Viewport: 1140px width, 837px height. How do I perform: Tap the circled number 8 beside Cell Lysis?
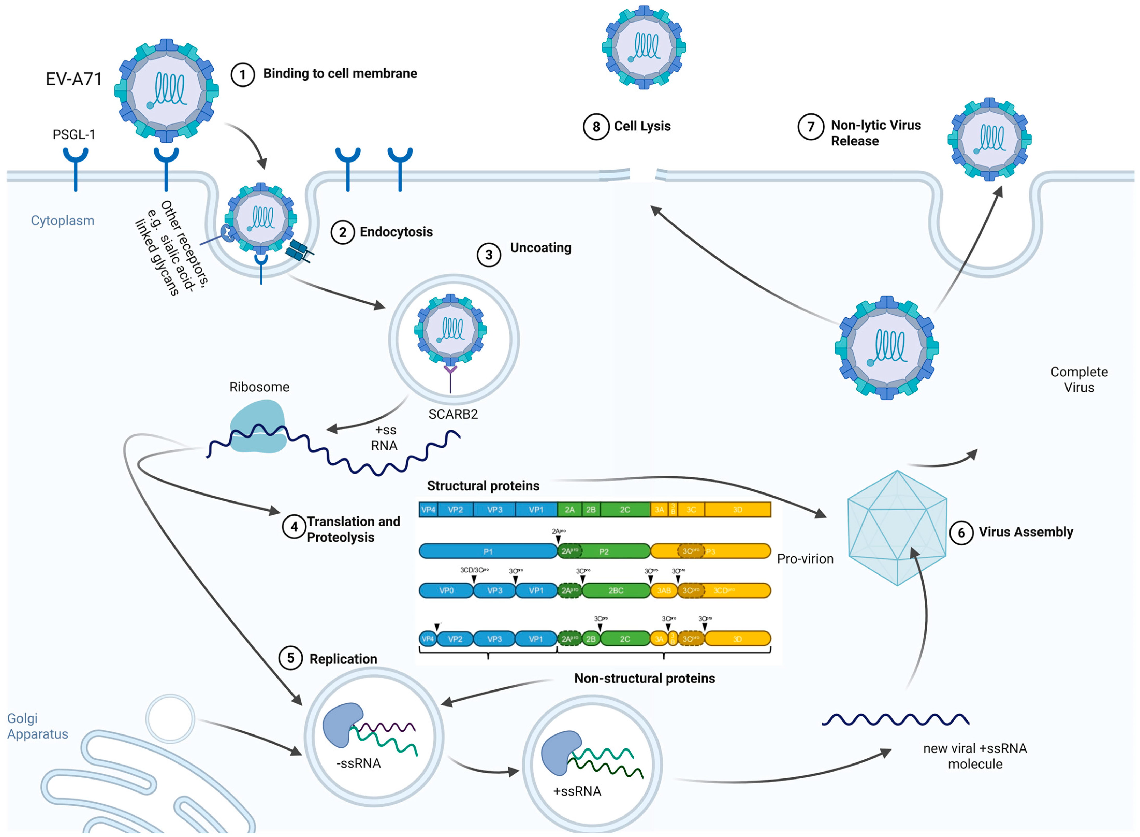596,127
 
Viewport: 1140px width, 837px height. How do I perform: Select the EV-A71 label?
74,79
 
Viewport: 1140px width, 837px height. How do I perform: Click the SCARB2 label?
453,414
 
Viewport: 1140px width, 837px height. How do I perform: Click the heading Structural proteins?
483,486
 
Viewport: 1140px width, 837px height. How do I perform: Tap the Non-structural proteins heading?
644,678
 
